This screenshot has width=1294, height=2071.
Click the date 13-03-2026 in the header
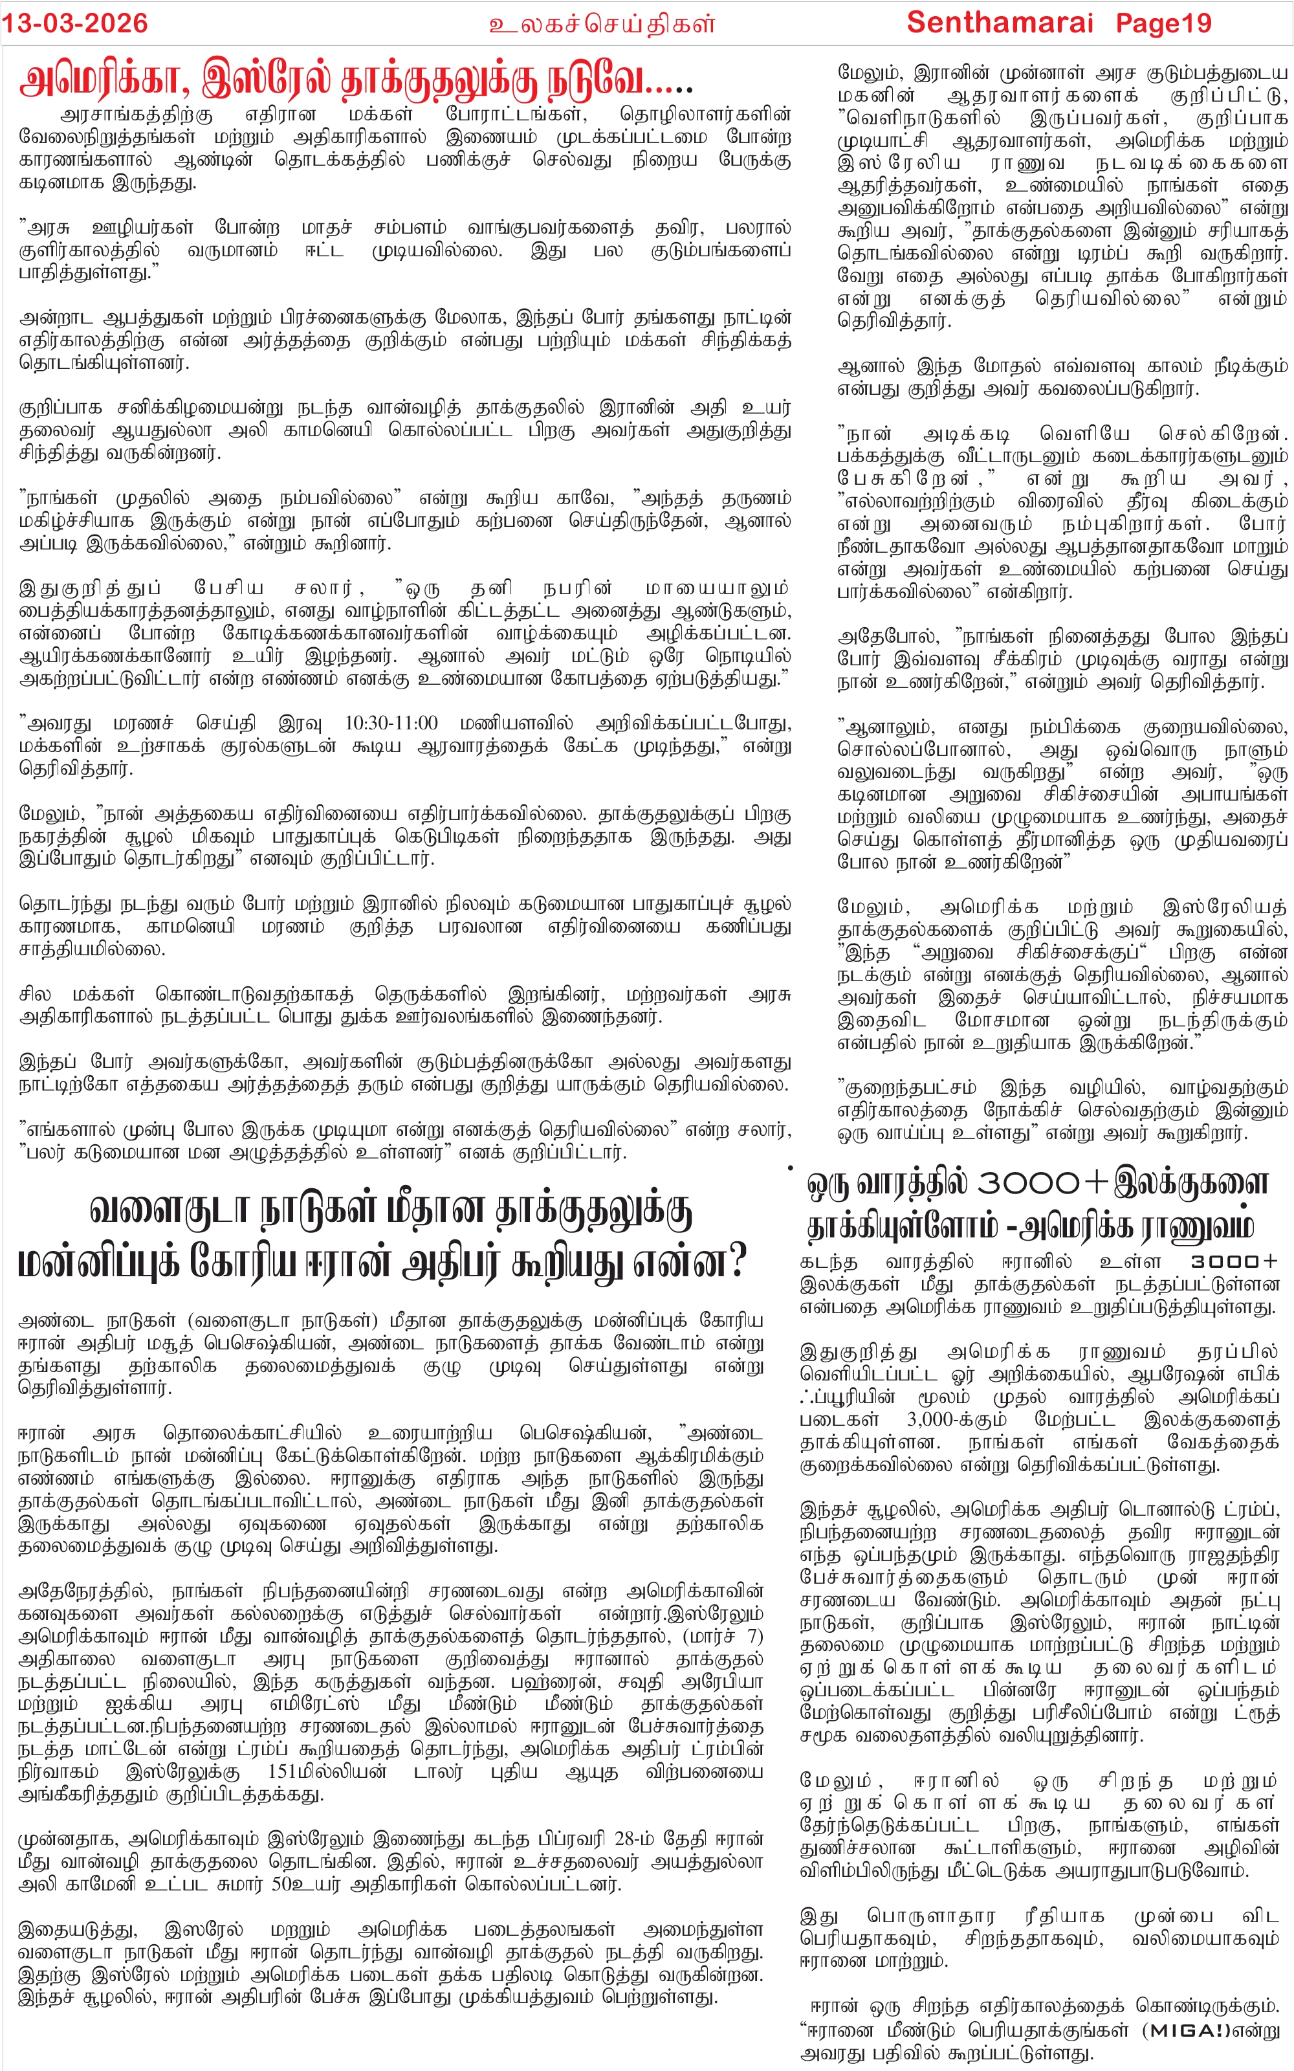[74, 23]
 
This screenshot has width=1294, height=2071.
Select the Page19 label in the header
[1163, 23]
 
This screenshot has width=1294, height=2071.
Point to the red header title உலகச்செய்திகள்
[602, 24]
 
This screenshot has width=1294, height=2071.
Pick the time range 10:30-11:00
[390, 723]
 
